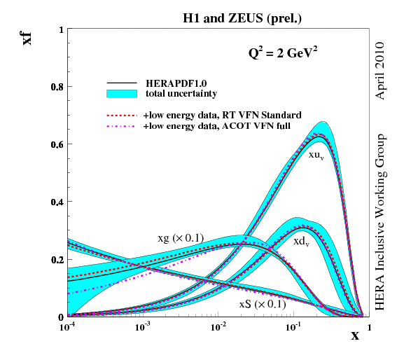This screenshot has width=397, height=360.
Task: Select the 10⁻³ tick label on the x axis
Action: pyautogui.click(x=143, y=327)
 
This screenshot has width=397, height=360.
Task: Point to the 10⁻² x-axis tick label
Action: pyautogui.click(x=218, y=327)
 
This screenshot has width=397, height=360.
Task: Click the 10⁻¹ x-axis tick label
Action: pyautogui.click(x=293, y=327)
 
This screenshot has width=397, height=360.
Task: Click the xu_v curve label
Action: pyautogui.click(x=316, y=155)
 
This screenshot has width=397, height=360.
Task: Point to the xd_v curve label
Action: pyautogui.click(x=302, y=241)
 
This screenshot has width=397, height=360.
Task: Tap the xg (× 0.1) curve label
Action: pyautogui.click(x=181, y=238)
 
